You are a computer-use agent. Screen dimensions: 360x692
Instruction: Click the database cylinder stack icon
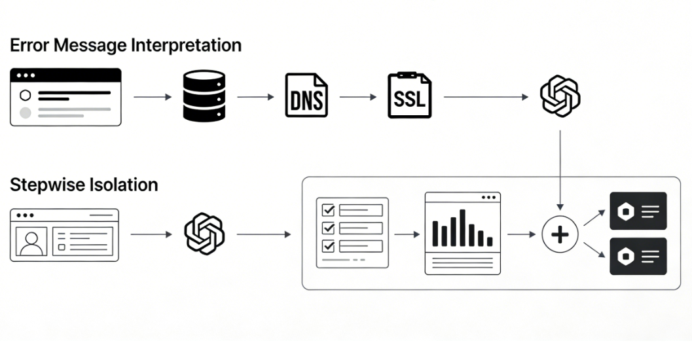point(204,97)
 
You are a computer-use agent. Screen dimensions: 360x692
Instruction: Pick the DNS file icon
point(306,97)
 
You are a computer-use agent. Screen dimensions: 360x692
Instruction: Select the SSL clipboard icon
point(409,97)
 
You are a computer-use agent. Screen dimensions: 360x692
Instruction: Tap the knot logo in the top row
point(560,97)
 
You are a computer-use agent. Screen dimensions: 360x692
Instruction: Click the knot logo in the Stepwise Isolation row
point(204,234)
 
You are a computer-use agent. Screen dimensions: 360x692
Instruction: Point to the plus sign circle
point(560,234)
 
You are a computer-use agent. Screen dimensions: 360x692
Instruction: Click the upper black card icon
point(638,211)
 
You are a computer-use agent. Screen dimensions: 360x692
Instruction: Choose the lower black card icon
point(638,256)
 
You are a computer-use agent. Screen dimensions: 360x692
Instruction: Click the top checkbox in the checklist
point(328,210)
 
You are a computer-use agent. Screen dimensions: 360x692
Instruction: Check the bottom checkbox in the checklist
point(328,246)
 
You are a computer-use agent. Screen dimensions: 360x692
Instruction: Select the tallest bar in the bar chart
point(462,227)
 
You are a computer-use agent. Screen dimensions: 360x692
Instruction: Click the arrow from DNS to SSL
point(358,97)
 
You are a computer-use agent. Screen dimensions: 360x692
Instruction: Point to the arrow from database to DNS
point(255,97)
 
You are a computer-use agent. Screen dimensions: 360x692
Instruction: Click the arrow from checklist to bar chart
point(406,234)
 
